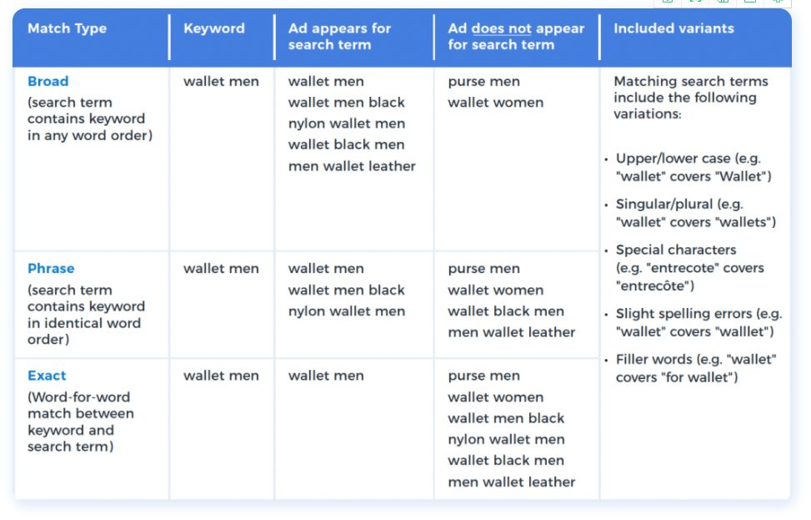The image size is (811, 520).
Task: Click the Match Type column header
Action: pyautogui.click(x=68, y=28)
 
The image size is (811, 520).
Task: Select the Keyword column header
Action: pyautogui.click(x=214, y=28)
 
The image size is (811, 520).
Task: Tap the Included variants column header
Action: pyautogui.click(x=674, y=28)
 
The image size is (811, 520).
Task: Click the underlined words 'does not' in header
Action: pyautogui.click(x=501, y=28)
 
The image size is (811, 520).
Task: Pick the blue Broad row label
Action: pyautogui.click(x=48, y=81)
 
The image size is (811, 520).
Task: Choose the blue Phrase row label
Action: pyautogui.click(x=51, y=268)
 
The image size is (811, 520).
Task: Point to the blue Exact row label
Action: pyautogui.click(x=47, y=376)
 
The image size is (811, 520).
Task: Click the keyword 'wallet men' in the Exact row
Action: pyautogui.click(x=222, y=376)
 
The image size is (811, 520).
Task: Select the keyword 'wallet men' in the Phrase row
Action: pyautogui.click(x=222, y=268)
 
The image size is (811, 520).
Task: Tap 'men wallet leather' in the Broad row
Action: pyautogui.click(x=352, y=166)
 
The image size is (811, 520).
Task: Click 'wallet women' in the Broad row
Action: pyautogui.click(x=495, y=103)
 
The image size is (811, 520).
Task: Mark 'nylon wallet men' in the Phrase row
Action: pyautogui.click(x=347, y=311)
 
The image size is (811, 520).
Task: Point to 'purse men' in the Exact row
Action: pyautogui.click(x=483, y=376)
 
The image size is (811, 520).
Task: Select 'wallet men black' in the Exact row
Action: pyautogui.click(x=506, y=418)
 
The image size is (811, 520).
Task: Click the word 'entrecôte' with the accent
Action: pyautogui.click(x=655, y=286)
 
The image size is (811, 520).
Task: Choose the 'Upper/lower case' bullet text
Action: pyautogui.click(x=673, y=159)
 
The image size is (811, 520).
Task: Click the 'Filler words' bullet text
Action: pyautogui.click(x=653, y=360)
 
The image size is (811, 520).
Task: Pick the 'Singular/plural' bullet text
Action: pyautogui.click(x=664, y=204)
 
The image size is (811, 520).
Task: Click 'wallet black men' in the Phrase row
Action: pyautogui.click(x=506, y=311)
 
